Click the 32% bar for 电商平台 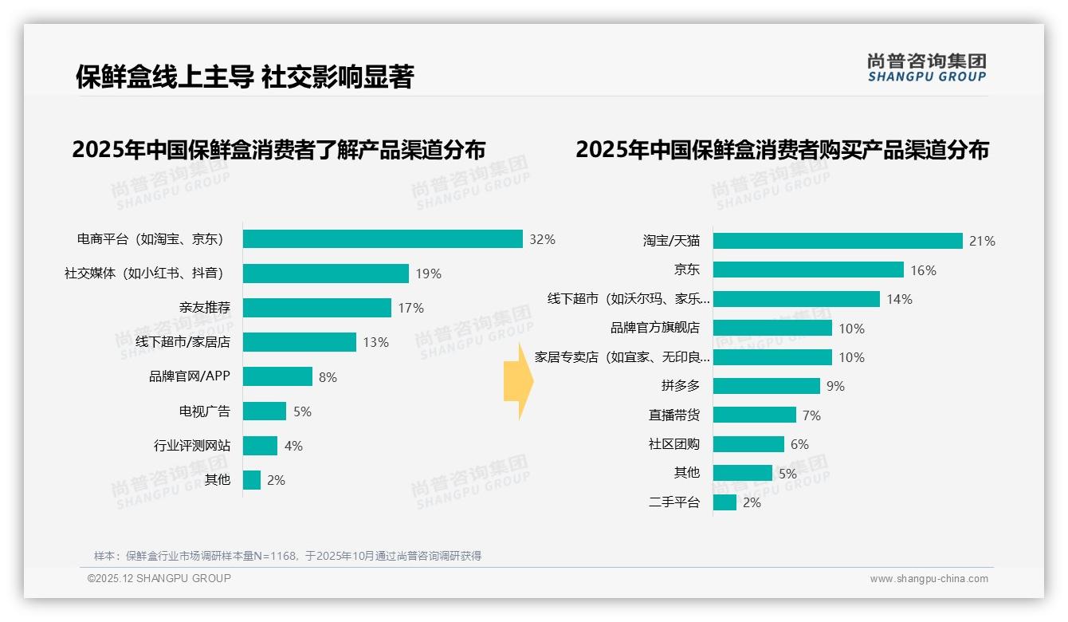coord(383,239)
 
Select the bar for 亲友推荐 coord(317,308)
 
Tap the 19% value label coord(428,274)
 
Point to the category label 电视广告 coord(205,411)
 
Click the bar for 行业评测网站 coord(261,446)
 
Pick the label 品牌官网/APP coord(190,376)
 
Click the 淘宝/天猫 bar coord(838,241)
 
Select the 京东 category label coord(687,270)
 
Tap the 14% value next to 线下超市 coord(899,299)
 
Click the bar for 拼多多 coord(767,386)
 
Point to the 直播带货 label coord(674,415)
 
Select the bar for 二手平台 coord(724,502)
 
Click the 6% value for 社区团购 coord(799,444)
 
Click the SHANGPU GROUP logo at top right coord(927,68)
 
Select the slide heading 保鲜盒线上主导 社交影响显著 coord(245,77)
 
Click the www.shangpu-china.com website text coord(929,579)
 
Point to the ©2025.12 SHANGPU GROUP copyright coord(159,578)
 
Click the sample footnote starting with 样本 coord(288,556)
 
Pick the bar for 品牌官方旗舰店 coord(772,328)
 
